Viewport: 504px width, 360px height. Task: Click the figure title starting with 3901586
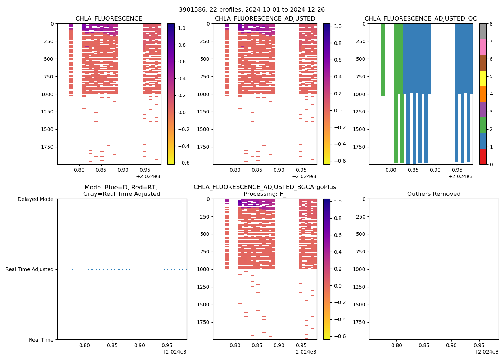point(252,10)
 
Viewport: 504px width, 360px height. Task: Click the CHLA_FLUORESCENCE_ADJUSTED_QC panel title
point(420,19)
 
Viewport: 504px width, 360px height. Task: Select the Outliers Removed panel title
point(433,194)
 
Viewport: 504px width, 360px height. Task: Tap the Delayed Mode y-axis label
point(35,199)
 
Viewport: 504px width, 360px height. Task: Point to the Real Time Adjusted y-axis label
point(30,269)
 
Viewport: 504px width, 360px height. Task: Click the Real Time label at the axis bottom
point(41,340)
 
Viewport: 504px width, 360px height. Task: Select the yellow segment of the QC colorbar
point(483,78)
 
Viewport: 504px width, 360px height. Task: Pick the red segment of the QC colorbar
point(483,157)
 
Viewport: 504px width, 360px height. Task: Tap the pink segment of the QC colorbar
point(483,47)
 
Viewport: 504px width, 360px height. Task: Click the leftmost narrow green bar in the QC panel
point(383,59)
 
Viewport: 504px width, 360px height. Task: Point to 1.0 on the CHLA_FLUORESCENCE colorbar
point(182,28)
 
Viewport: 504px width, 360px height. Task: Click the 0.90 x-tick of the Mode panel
point(139,345)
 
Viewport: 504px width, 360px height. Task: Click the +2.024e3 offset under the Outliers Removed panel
point(486,352)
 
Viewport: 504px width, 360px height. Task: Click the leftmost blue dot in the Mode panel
point(72,269)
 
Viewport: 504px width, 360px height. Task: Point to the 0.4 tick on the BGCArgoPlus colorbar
point(338,252)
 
